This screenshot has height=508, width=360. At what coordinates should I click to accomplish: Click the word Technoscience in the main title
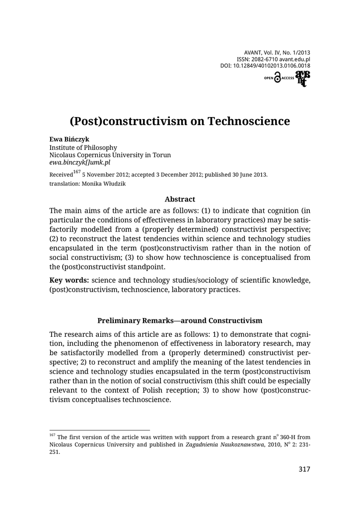click(249, 122)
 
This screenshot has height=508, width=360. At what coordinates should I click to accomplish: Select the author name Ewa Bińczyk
click(69, 139)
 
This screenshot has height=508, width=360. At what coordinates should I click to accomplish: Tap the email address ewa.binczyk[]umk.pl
click(79, 162)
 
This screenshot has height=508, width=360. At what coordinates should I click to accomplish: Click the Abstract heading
click(180, 199)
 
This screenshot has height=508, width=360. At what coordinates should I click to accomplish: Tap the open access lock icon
click(277, 78)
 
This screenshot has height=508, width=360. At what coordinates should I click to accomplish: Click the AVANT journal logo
click(302, 78)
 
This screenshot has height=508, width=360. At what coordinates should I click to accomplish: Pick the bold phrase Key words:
click(69, 280)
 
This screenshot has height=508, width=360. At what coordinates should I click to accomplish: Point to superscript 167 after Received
click(76, 172)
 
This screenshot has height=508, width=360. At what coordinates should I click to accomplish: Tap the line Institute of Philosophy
click(83, 147)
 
